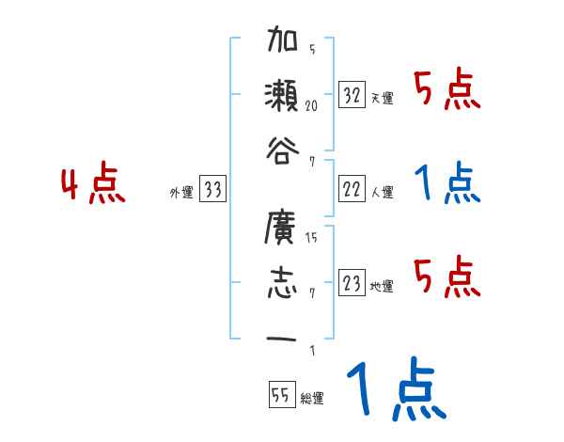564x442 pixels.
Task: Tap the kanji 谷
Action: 282,150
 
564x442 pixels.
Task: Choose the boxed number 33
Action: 212,190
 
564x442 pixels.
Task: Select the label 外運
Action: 180,193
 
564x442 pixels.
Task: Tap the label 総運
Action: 312,399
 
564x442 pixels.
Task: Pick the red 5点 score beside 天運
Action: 447,90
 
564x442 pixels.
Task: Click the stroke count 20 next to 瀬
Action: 311,106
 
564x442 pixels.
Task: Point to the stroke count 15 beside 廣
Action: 311,239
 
